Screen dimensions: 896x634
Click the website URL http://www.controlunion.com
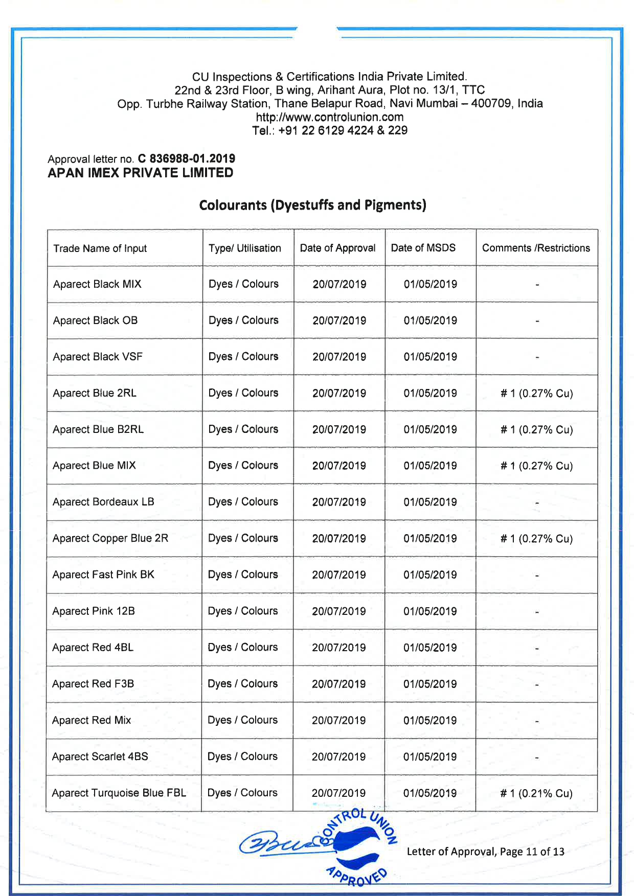click(x=330, y=117)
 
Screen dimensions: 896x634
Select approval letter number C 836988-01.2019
click(x=187, y=159)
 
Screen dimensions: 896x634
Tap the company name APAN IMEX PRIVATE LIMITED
click(x=141, y=173)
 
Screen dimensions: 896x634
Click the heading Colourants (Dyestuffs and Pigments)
click(x=312, y=205)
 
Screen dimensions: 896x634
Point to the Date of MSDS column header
click(x=423, y=248)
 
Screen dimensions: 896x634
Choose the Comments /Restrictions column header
click(x=536, y=248)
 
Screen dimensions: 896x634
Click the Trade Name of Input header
click(x=100, y=248)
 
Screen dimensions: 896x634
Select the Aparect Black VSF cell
click(x=98, y=357)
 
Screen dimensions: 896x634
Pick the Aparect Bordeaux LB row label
click(x=103, y=502)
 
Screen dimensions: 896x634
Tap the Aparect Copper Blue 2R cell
click(x=110, y=538)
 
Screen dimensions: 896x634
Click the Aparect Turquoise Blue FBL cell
click(x=119, y=793)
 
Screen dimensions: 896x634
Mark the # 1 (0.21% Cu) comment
click(x=536, y=793)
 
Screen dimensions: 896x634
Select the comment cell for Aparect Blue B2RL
click(x=536, y=429)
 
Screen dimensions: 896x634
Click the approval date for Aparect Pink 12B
click(x=339, y=611)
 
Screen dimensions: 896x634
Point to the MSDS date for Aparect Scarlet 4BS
click(x=430, y=756)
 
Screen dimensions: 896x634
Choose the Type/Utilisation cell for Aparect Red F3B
click(x=243, y=684)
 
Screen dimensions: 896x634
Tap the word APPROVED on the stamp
click(x=357, y=876)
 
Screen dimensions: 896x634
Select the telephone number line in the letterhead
click(x=330, y=130)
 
